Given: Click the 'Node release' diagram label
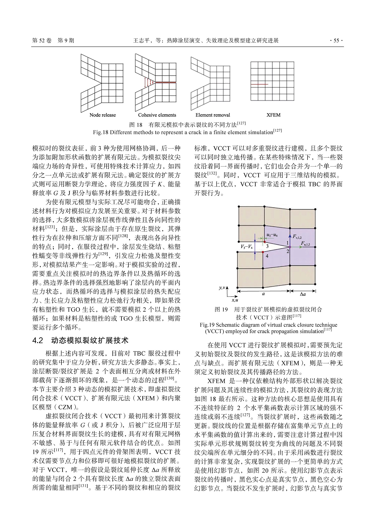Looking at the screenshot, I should click(103, 115).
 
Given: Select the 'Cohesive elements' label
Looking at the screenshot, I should click(157, 115).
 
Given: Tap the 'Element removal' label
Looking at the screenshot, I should click(213, 115).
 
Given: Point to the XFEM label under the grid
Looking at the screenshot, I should click(273, 115).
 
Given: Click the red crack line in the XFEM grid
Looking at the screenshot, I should click(259, 84).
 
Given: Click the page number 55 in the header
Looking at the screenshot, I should click(336, 41).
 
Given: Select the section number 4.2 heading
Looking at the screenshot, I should click(38, 341).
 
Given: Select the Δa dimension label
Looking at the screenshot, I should click(303, 294).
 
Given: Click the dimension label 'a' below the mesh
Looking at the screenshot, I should click(263, 294).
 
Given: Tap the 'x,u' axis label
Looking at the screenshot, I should click(235, 300).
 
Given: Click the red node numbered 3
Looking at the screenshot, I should click(264, 242).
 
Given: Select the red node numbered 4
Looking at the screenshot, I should click(263, 252).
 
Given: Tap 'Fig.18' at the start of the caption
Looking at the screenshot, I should click(100, 132).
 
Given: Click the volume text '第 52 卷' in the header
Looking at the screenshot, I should click(42, 41).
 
